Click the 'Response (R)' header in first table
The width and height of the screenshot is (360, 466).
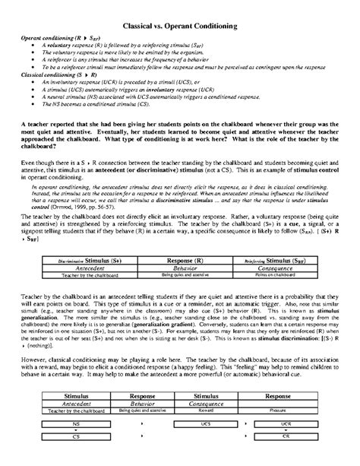[x=180, y=260]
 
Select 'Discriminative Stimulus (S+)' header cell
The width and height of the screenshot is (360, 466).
[x=74, y=260]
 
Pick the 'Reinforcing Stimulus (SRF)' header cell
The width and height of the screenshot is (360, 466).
[x=284, y=260]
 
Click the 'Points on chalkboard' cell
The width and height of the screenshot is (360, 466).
[x=284, y=274]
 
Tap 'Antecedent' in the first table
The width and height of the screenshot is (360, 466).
[x=74, y=267]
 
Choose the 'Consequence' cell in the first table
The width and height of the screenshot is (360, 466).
[x=284, y=267]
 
